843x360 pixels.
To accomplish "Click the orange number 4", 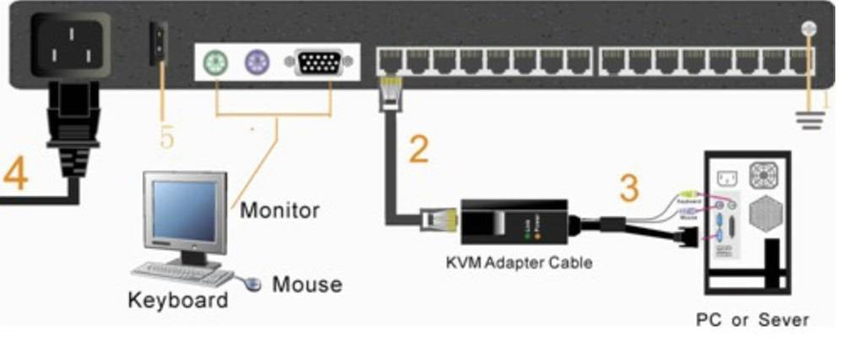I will [15, 173].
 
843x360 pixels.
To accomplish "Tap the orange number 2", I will [418, 149].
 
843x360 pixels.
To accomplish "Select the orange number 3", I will [628, 188].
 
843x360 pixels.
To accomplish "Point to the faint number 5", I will [166, 135].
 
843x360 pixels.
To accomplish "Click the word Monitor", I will [280, 210].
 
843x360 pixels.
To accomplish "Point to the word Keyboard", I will [177, 300].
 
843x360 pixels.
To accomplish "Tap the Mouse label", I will [307, 284].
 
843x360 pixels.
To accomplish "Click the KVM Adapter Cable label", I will [519, 262].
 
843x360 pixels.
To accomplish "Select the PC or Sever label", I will [752, 320].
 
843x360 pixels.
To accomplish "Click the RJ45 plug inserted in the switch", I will [391, 90].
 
